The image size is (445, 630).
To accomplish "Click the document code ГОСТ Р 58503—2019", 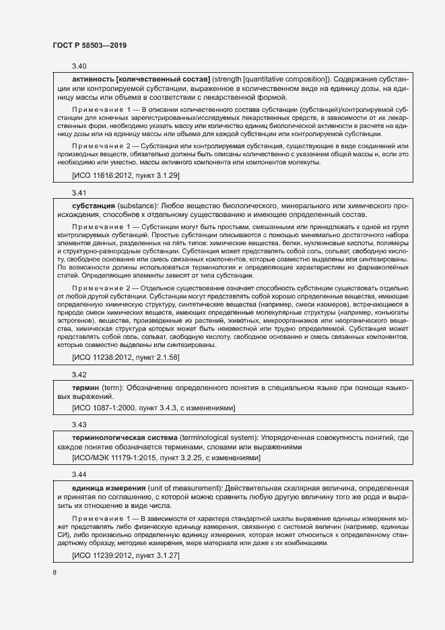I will [90, 46].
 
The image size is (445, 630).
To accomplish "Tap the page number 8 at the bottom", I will [54, 573].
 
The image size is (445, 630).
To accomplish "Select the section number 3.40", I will [79, 66].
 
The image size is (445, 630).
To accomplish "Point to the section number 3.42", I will [79, 374].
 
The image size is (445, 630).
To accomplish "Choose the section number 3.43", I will [79, 424].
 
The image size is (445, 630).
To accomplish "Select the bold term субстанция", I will [94, 205].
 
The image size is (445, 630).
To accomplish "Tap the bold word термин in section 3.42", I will [85, 388].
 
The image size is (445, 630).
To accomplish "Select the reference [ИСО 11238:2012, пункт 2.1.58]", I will [126, 357].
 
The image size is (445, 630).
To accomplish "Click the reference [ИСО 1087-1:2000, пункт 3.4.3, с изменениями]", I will [153, 408].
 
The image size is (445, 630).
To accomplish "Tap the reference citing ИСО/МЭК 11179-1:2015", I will [166, 458].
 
